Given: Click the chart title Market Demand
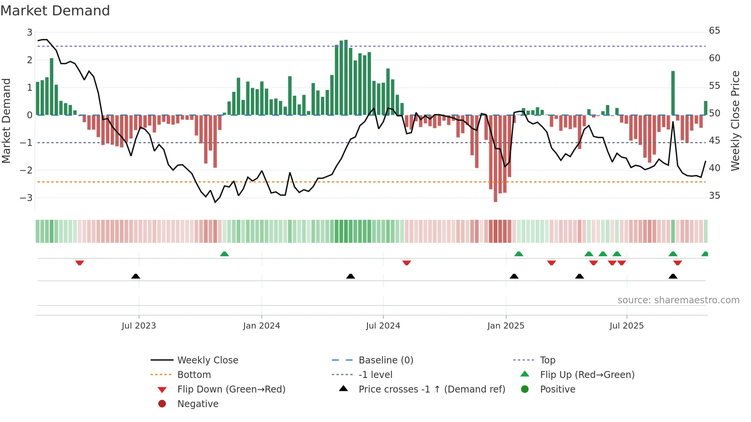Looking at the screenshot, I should pyautogui.click(x=55, y=11).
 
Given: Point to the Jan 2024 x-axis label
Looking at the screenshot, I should pyautogui.click(x=261, y=325).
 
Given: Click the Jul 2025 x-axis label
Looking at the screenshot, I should pyautogui.click(x=626, y=325).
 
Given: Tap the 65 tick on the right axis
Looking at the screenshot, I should pyautogui.click(x=714, y=31).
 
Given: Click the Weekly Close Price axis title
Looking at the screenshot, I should pyautogui.click(x=735, y=121).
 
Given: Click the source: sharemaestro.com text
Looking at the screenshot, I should pyautogui.click(x=678, y=300).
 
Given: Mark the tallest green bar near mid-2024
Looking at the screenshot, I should pyautogui.click(x=346, y=77).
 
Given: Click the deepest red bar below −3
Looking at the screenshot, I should pyautogui.click(x=495, y=159).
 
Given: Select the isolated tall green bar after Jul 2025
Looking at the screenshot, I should pyautogui.click(x=673, y=93).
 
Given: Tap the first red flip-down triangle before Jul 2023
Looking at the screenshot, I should pyautogui.click(x=80, y=263).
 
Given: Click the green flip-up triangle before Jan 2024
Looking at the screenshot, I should pyautogui.click(x=225, y=254).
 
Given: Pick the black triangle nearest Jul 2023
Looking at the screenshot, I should pyautogui.click(x=136, y=276).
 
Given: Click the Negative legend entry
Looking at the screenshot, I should pyautogui.click(x=198, y=404).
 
